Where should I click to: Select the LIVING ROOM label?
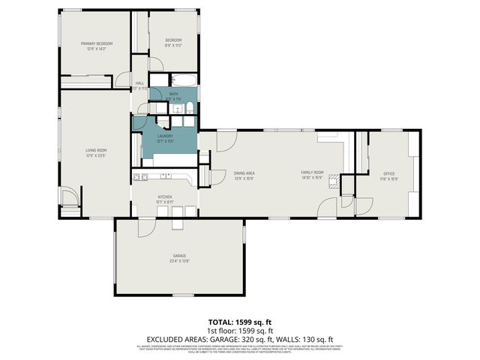(96, 153)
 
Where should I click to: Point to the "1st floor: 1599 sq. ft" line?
(239, 331)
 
